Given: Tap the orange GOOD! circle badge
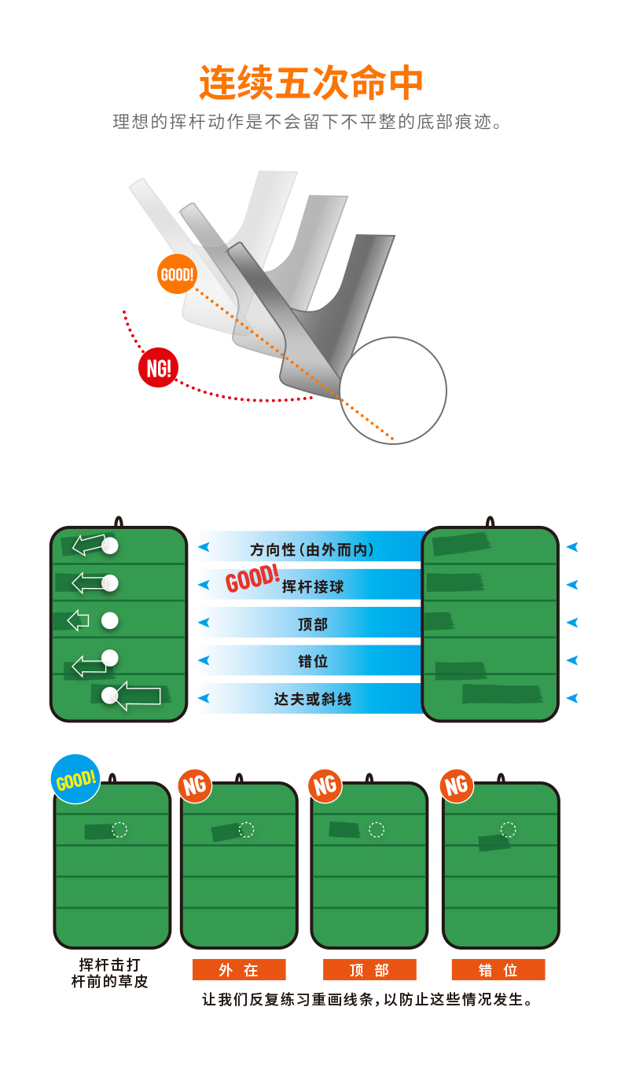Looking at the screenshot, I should click(177, 274).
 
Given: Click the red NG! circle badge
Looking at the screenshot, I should click(158, 368).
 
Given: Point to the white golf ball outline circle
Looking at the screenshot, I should click(393, 391).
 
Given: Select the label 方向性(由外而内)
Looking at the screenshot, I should click(312, 549).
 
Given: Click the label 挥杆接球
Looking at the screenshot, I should click(313, 586).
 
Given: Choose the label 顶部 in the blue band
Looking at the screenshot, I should click(313, 624).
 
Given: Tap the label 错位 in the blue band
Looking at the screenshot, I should click(313, 661).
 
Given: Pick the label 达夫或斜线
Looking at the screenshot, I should click(313, 699).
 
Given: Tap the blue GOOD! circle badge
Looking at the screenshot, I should click(75, 779).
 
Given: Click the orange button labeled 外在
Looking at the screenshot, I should click(239, 970).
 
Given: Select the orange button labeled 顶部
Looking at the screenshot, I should click(369, 970).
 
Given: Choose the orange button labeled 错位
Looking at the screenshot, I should click(498, 970).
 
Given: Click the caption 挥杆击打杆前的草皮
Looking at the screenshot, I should click(110, 972).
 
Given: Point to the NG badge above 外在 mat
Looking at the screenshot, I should click(194, 785).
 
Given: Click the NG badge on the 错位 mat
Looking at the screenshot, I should click(457, 785).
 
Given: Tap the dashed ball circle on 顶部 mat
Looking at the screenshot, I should click(377, 830).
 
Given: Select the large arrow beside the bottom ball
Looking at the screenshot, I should click(140, 696).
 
